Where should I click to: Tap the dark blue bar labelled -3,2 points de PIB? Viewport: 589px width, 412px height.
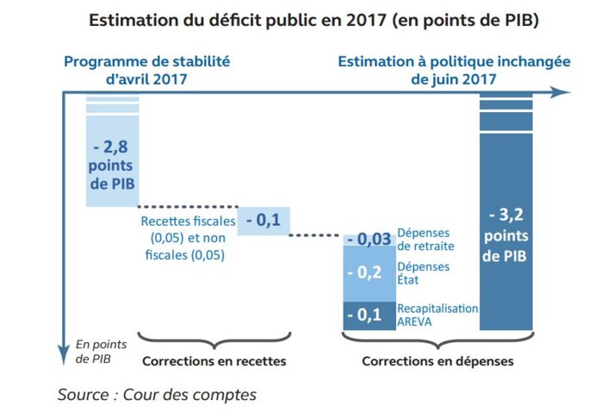pyautogui.click(x=505, y=224)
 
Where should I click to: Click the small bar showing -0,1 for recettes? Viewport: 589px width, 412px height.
pyautogui.click(x=263, y=221)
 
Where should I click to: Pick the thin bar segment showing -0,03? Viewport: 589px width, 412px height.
pyautogui.click(x=369, y=239)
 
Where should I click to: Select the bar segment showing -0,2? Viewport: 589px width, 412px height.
pyautogui.click(x=369, y=272)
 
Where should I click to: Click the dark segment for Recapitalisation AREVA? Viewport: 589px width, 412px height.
pyautogui.click(x=369, y=315)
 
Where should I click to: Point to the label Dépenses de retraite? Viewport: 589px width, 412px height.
pyautogui.click(x=425, y=239)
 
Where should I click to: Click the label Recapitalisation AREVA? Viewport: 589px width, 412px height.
pyautogui.click(x=437, y=315)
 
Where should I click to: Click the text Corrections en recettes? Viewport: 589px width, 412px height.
pyautogui.click(x=213, y=361)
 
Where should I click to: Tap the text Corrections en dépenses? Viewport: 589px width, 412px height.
pyautogui.click(x=437, y=361)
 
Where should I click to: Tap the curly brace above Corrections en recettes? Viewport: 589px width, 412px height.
pyautogui.click(x=213, y=339)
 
